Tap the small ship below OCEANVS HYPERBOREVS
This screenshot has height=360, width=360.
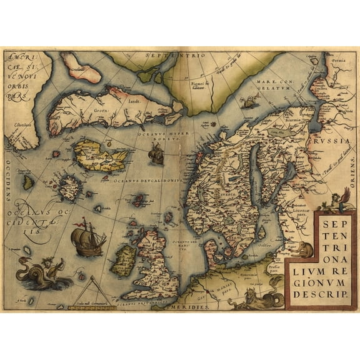pos(156,152)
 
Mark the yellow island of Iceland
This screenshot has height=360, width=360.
pos(100,157)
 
